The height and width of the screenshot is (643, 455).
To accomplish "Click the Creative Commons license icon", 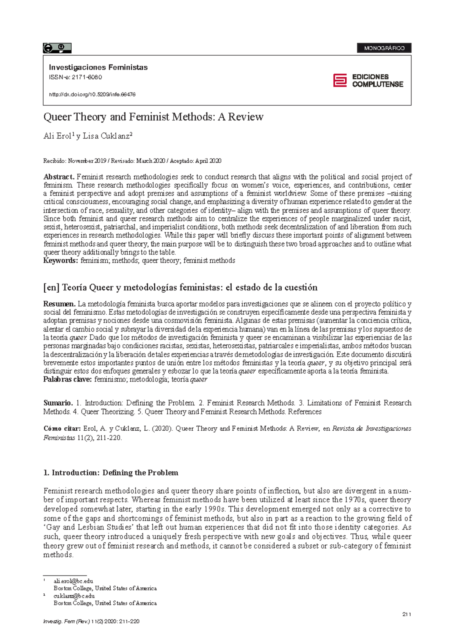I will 57,48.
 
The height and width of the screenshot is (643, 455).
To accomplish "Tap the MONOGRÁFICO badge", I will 384,48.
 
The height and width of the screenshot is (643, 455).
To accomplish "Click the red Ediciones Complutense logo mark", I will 340,80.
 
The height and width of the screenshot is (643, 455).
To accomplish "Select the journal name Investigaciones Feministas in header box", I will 98,67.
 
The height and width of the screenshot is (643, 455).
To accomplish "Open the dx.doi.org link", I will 92,94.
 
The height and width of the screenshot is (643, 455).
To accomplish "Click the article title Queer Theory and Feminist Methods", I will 153,117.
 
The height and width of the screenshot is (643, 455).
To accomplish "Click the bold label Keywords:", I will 61,260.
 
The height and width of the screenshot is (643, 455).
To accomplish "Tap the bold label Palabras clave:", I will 67,380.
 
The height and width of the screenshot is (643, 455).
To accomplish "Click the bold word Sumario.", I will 58,403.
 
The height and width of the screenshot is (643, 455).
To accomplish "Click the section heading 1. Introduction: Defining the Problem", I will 111,473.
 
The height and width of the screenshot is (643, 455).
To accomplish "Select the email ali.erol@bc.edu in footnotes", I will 73,581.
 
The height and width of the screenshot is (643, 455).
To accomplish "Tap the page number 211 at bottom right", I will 406,614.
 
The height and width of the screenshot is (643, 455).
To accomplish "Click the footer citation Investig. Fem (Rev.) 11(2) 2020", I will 91,621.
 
